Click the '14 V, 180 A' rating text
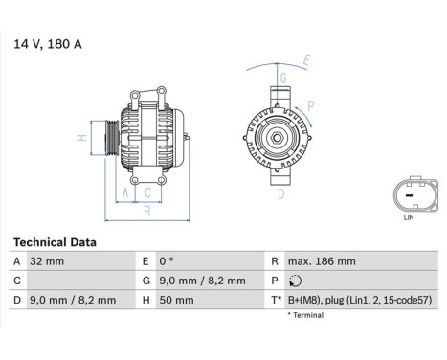[47, 44]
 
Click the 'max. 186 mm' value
[322, 261]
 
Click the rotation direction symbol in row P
[294, 281]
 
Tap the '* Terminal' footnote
[306, 314]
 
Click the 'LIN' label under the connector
[410, 219]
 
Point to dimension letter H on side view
[82, 140]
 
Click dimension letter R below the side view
[146, 212]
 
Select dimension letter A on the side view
[123, 192]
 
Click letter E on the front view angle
[307, 60]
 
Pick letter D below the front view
[280, 193]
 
